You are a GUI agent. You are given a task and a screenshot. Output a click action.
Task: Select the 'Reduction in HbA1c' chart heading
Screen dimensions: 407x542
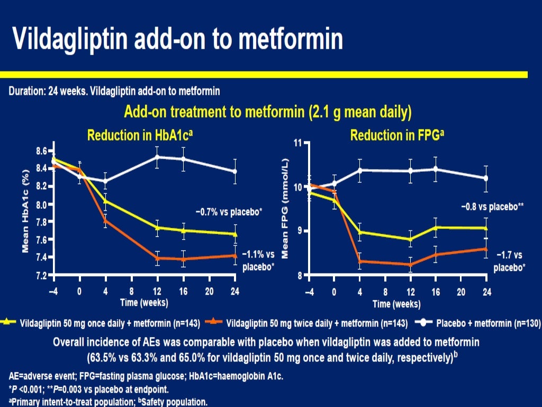[x=140, y=135]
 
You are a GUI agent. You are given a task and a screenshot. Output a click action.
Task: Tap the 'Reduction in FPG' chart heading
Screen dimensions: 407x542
[x=397, y=135]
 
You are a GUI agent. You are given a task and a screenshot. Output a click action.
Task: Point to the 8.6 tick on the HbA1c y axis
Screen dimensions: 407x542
[x=40, y=151]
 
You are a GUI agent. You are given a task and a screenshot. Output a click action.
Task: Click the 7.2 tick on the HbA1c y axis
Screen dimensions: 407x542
[x=40, y=276]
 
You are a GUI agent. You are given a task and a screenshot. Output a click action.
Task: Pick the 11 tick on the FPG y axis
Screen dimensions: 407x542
[x=297, y=143]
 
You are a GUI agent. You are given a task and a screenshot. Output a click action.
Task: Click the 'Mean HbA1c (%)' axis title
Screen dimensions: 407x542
[x=25, y=212]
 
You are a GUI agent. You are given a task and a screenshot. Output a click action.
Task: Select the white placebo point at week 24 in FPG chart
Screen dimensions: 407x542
[x=486, y=178]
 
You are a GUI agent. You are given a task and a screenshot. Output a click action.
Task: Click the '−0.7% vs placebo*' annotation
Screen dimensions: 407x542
[x=229, y=212]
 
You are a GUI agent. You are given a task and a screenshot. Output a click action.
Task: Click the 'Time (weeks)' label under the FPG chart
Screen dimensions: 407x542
[x=397, y=304]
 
